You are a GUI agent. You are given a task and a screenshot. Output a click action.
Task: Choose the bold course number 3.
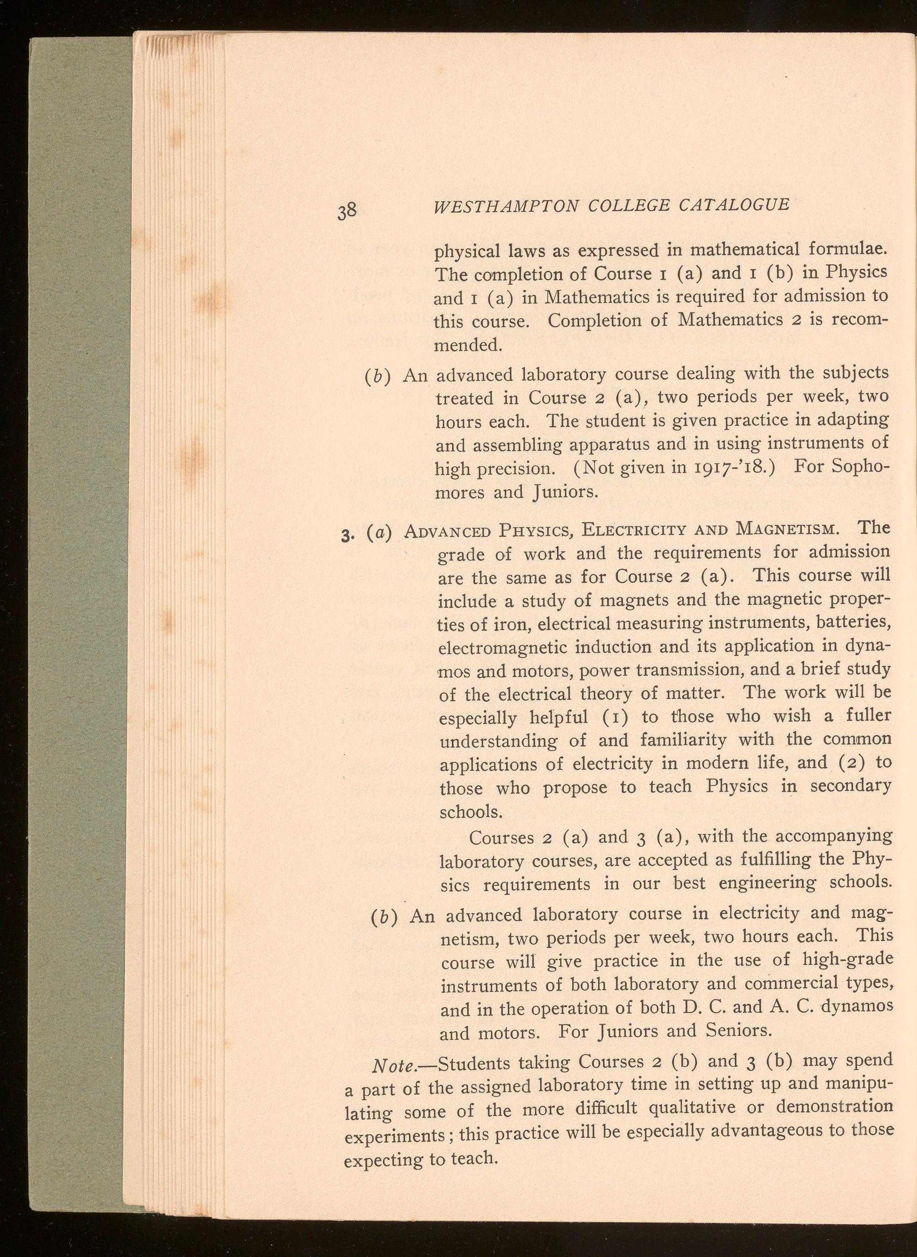pyautogui.click(x=346, y=535)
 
